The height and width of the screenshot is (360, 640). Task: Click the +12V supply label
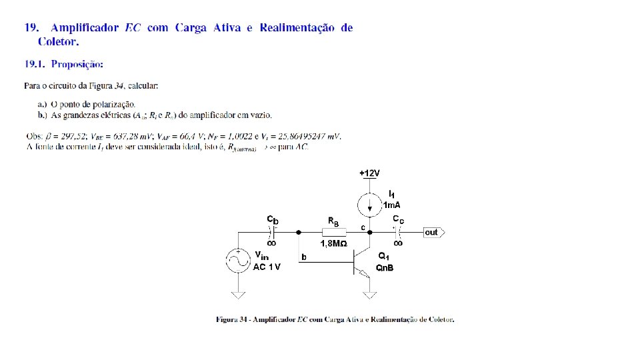[x=369, y=173]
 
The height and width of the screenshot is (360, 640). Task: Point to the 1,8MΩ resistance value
[x=333, y=244]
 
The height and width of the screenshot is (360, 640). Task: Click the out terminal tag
[x=433, y=233]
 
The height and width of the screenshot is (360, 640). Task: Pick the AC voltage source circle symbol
[x=237, y=261]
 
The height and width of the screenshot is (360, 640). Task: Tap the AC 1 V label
[x=267, y=267]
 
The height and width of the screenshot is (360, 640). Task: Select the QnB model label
[x=385, y=268]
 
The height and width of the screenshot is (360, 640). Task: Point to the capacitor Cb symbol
[x=273, y=233]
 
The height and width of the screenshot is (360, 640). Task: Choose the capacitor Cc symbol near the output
[x=397, y=233]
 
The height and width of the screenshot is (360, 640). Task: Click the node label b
[x=304, y=257]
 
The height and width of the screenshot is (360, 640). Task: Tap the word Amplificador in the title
[x=85, y=28]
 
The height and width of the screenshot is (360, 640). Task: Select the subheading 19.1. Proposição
[x=64, y=65]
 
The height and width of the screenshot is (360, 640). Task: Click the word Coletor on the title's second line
[x=58, y=42]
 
